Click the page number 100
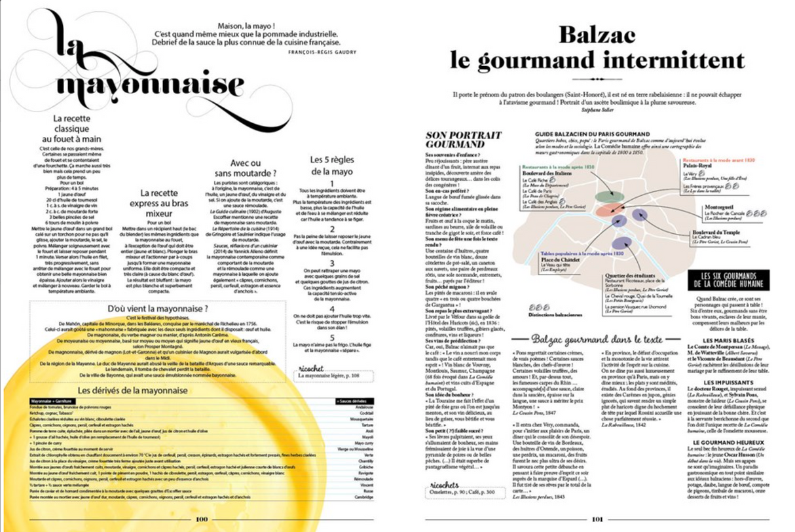(x=201, y=520)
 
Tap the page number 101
(x=597, y=520)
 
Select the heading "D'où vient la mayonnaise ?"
(x=157, y=308)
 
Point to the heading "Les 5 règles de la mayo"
(x=332, y=165)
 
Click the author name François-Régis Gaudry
(x=325, y=50)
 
